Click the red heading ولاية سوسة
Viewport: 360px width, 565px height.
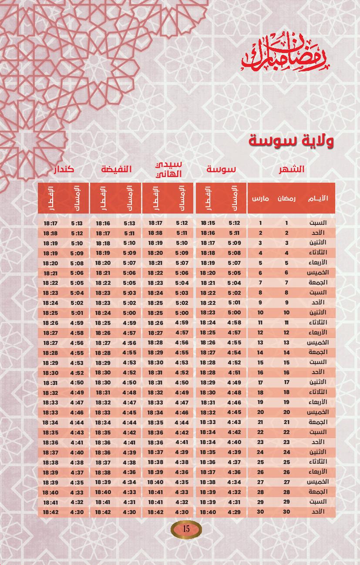tap(291, 141)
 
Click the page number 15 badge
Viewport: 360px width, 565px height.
tap(186, 529)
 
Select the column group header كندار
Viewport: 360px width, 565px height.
tap(64, 169)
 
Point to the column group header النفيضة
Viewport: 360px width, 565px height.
tap(116, 169)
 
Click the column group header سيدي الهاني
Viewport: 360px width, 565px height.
tap(168, 169)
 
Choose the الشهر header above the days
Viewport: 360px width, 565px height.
tap(292, 169)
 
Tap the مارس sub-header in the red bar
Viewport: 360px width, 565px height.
tap(260, 198)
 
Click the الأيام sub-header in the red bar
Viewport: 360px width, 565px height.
tap(318, 198)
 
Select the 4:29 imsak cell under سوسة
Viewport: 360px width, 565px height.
tap(234, 512)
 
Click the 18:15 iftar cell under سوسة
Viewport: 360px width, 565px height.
tap(208, 223)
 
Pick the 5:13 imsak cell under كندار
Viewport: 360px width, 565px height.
tap(77, 223)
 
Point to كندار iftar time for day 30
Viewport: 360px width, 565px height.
tap(51, 512)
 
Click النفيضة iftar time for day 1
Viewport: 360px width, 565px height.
tap(103, 223)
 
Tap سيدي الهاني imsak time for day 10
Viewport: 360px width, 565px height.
tap(182, 313)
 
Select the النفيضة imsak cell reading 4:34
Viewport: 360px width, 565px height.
tap(129, 482)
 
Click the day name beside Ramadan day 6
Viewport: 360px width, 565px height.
tap(320, 273)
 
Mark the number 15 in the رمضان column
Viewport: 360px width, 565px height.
tap(286, 362)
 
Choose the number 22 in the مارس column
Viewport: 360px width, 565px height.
tap(260, 432)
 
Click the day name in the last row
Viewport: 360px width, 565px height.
tap(319, 512)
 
